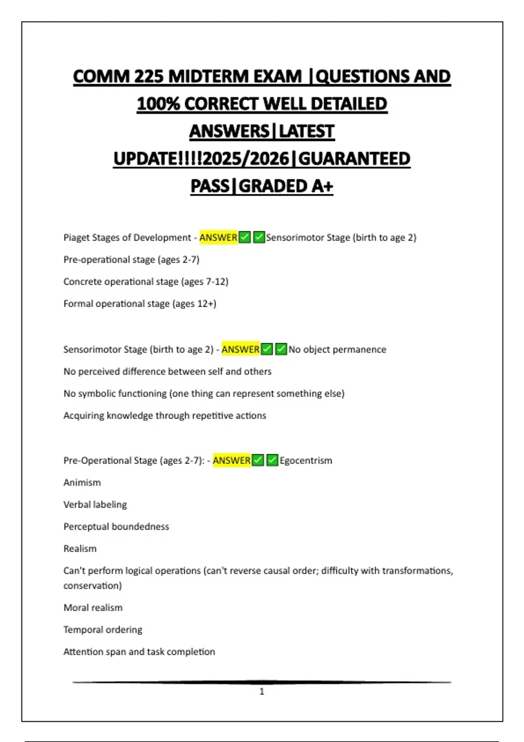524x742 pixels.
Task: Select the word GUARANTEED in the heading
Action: (354, 158)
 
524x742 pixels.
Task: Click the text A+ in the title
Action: (322, 186)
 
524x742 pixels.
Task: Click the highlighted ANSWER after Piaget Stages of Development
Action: (218, 237)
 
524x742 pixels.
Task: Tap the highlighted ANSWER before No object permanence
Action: (241, 349)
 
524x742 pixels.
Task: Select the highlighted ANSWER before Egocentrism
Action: (232, 460)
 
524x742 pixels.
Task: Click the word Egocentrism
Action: (306, 460)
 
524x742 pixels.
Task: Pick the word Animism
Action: (82, 482)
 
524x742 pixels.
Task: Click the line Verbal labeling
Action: (95, 505)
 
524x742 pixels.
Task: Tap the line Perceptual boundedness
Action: (116, 526)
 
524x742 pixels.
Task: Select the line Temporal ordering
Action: (103, 629)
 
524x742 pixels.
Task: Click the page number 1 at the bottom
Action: (262, 691)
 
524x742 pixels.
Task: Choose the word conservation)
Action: (93, 585)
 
